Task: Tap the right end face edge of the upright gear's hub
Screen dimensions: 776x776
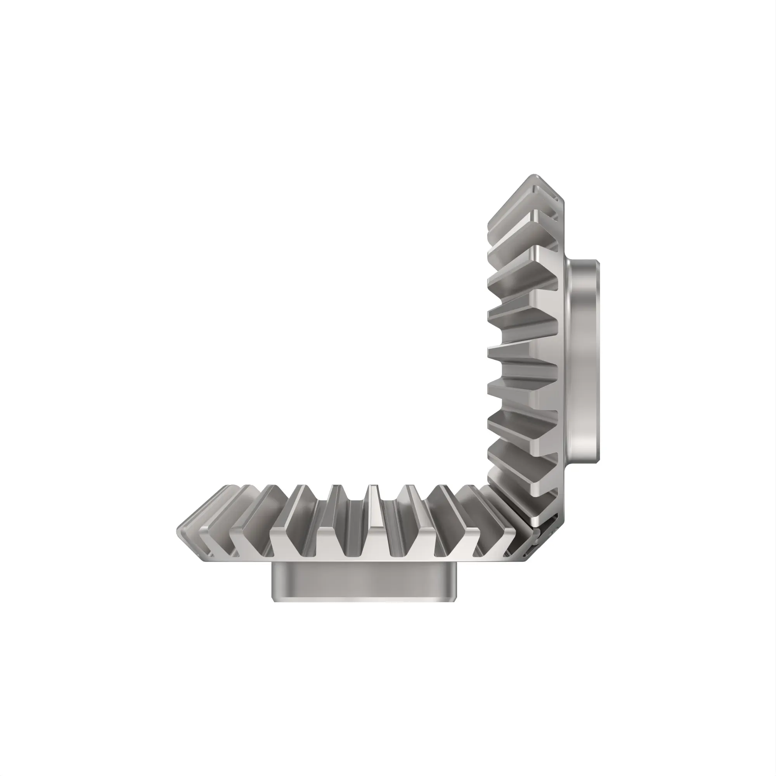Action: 598,362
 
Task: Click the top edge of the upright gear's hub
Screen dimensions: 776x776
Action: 582,261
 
